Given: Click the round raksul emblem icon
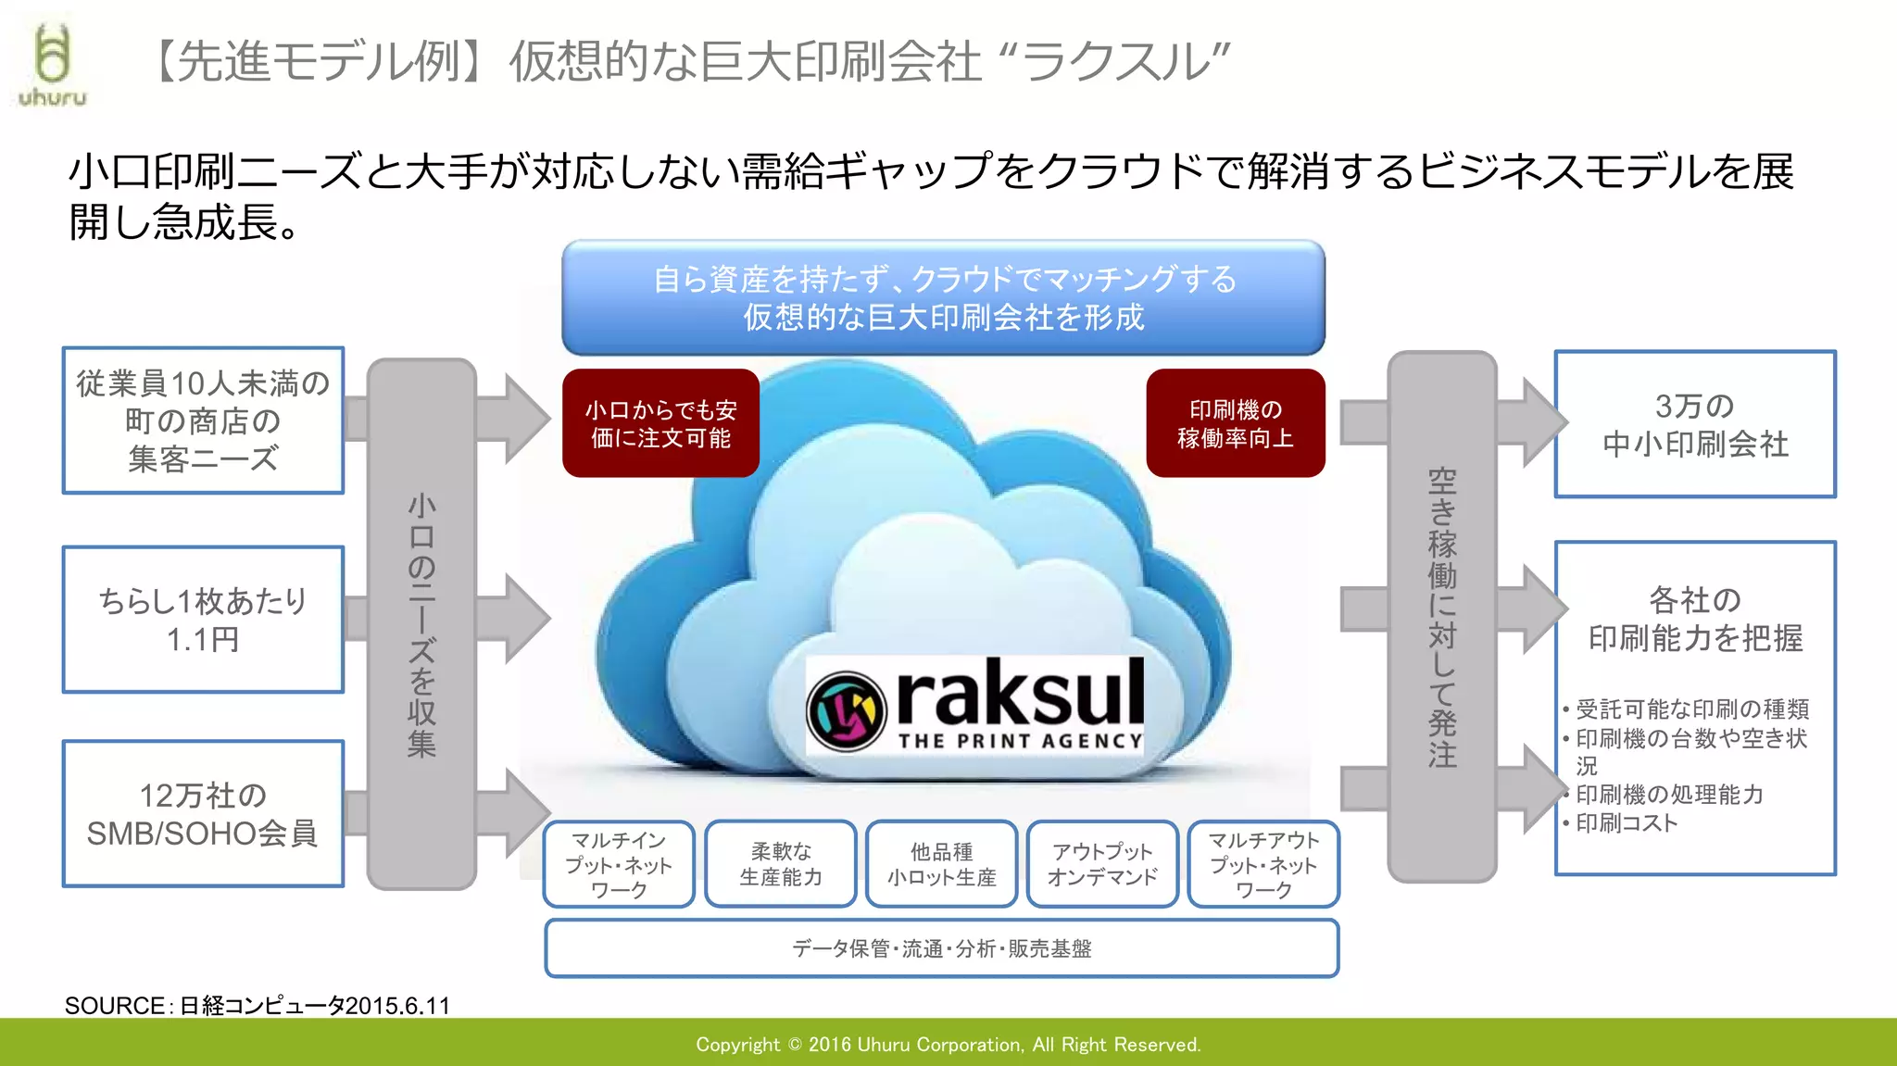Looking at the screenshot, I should point(845,710).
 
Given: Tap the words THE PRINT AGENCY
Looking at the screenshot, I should point(1020,741).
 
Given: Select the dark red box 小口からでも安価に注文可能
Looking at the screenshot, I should point(660,423).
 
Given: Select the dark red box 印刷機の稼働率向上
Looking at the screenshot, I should point(1235,423).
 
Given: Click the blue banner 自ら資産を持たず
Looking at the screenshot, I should point(943,297).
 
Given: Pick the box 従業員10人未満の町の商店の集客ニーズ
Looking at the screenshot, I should point(203,420).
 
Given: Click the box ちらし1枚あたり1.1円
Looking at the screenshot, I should point(203,619).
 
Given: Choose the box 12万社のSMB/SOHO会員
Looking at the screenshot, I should point(203,813).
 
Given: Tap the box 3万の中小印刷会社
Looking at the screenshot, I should point(1694,424).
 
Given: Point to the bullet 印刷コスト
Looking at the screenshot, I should point(1627,822).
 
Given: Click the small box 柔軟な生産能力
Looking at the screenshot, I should point(780,864).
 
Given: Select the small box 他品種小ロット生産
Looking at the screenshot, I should point(941,864).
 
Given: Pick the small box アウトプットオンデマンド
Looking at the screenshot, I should point(1102,864).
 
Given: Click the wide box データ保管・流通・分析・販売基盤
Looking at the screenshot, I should point(941,948).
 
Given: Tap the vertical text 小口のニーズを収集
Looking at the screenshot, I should point(421,625).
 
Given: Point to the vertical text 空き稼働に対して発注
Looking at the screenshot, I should point(1441,618).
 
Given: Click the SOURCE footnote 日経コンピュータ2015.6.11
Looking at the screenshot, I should point(258,1006).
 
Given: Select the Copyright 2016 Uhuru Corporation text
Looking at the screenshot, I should point(948,1045).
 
